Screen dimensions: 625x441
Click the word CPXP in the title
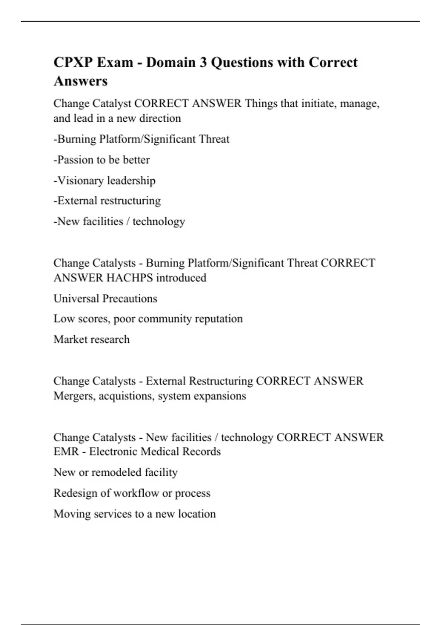(x=73, y=63)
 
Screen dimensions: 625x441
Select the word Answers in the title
(x=80, y=81)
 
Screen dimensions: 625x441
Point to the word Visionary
(x=80, y=181)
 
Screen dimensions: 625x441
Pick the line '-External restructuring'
(x=107, y=201)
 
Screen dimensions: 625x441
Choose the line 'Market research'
(x=92, y=339)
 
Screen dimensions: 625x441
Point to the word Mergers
(x=75, y=396)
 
